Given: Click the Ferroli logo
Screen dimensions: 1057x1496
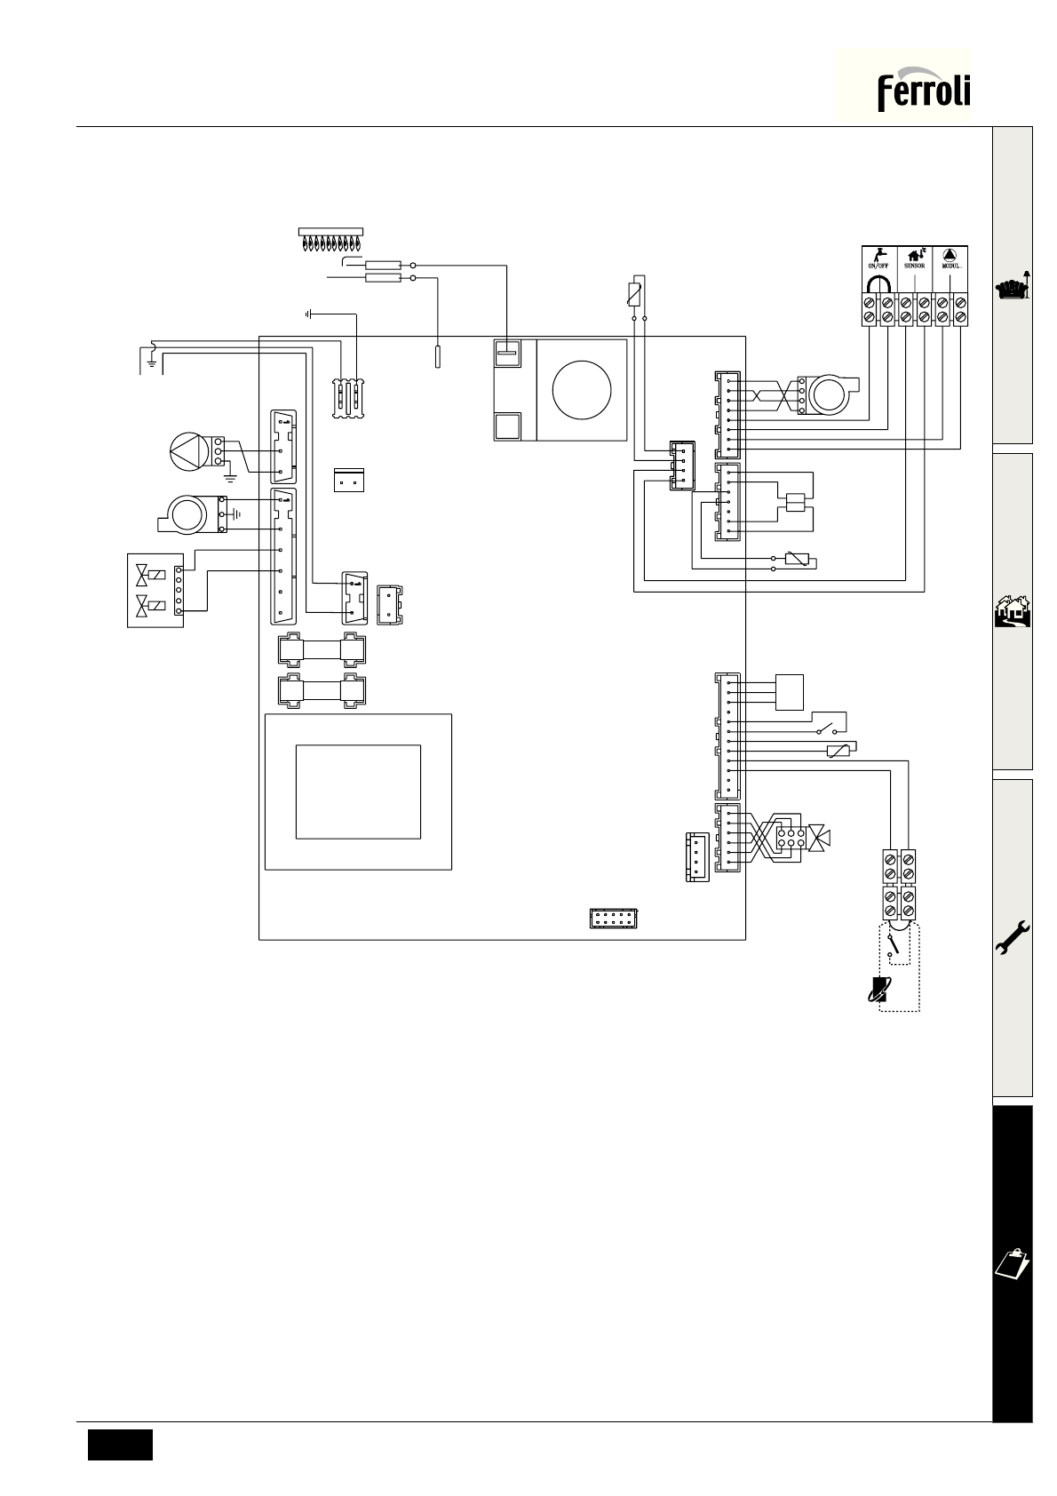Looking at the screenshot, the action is pos(923,89).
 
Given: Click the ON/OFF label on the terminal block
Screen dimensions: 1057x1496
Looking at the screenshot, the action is pos(878,266).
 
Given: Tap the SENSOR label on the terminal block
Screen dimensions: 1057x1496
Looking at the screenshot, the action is pos(914,266).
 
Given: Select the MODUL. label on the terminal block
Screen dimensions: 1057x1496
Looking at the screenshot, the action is pos(950,266).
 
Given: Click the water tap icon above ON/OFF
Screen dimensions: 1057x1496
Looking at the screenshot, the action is pos(878,254).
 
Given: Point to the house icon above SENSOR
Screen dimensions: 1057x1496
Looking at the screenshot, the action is pos(916,254).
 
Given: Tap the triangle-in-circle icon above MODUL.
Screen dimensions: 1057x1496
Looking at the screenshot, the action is pos(950,254).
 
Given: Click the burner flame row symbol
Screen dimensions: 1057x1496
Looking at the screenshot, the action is pos(330,240).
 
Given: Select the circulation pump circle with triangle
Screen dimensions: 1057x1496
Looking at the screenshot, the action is pos(189,451).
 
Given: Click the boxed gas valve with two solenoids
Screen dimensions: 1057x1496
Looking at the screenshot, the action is pos(155,591).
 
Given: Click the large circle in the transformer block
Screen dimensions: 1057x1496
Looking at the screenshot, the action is pos(582,390).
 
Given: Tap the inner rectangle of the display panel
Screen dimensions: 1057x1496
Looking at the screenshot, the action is pos(358,792).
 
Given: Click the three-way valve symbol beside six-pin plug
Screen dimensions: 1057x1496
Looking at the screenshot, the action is pos(819,838).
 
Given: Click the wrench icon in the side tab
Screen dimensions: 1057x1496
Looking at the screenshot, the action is pos(1013,938).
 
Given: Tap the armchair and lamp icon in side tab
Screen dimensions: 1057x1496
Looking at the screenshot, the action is pos(1013,287).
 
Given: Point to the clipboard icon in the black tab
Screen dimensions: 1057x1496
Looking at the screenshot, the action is pos(1013,1263).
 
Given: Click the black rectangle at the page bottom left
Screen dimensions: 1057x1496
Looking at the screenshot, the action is pos(120,1444).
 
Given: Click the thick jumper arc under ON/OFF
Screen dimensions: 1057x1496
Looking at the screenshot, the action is pos(878,283).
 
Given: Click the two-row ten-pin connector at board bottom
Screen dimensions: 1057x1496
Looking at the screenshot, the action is pos(613,919).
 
